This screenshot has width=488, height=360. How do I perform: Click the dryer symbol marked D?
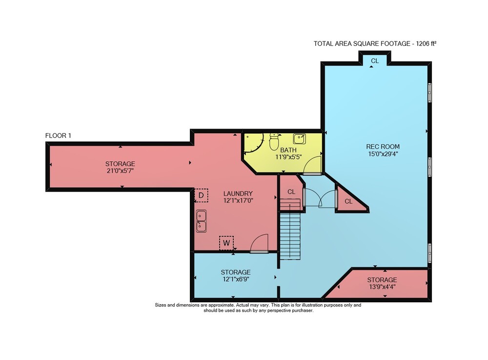201,195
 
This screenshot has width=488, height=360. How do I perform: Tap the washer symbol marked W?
226,243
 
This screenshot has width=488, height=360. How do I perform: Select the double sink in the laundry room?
202,221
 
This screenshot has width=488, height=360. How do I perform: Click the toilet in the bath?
274,142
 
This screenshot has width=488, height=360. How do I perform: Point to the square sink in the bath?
299,139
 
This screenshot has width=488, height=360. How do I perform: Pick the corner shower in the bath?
254,143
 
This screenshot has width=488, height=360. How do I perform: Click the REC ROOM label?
383,147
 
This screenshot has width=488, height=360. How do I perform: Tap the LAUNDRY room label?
238,193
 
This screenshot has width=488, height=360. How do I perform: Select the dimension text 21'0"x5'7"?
120,170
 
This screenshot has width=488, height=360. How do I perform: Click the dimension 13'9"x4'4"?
382,287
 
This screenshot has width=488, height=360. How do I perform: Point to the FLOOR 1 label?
58,135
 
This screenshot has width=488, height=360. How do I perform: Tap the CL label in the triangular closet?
348,201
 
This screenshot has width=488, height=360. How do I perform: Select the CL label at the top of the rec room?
375,61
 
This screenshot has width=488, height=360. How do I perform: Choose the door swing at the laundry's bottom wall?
259,243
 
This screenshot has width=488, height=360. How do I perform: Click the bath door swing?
312,165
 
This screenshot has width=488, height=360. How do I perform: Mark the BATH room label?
288,150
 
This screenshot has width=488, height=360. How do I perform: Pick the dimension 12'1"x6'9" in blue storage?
236,279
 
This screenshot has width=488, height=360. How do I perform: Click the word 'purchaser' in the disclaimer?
301,311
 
